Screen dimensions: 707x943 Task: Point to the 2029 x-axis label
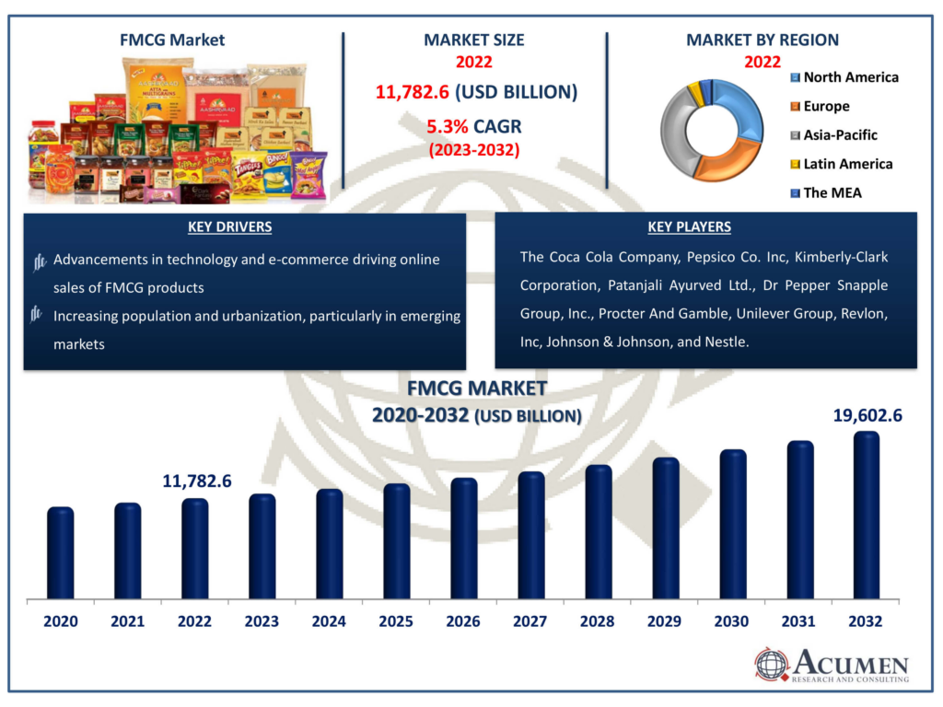pos(664,621)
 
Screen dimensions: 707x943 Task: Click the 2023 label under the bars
pos(262,621)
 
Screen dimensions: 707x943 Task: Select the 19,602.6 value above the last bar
pos(867,415)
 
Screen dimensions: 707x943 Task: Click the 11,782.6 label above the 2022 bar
pos(196,481)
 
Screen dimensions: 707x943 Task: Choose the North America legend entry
pos(850,77)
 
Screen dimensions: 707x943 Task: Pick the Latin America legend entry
pos(847,164)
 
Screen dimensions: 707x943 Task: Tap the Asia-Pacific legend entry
pos(840,135)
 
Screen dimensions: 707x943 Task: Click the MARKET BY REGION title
pos(762,40)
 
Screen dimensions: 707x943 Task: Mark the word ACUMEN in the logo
pos(852,664)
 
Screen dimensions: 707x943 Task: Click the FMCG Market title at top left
pos(172,40)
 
